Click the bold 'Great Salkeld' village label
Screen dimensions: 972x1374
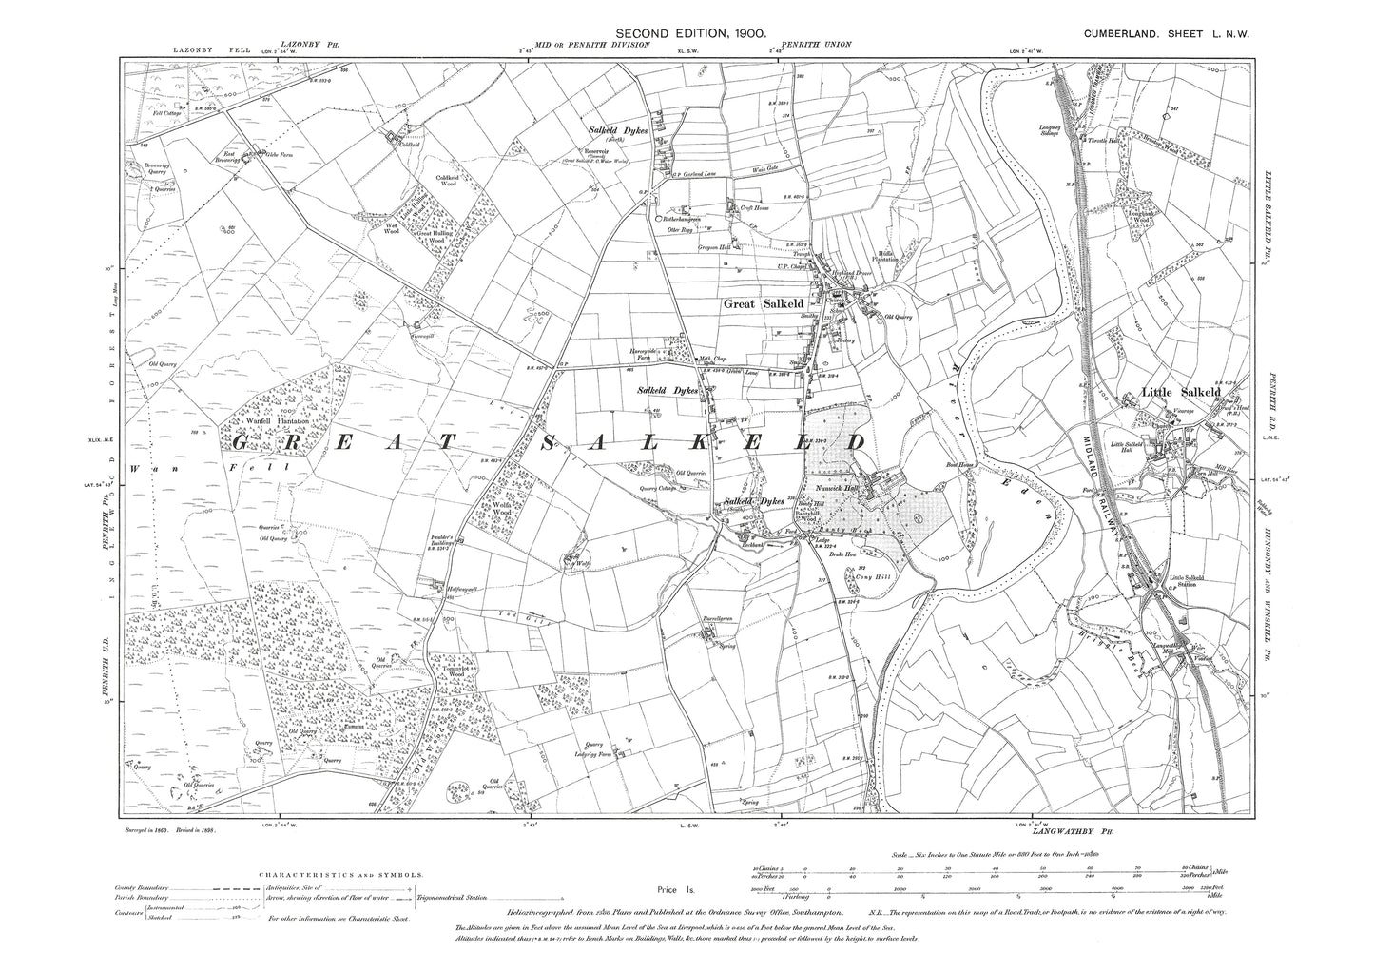pyautogui.click(x=764, y=304)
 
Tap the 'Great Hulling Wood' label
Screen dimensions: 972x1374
pyautogui.click(x=436, y=236)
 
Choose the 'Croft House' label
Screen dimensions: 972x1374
pyautogui.click(x=762, y=214)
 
